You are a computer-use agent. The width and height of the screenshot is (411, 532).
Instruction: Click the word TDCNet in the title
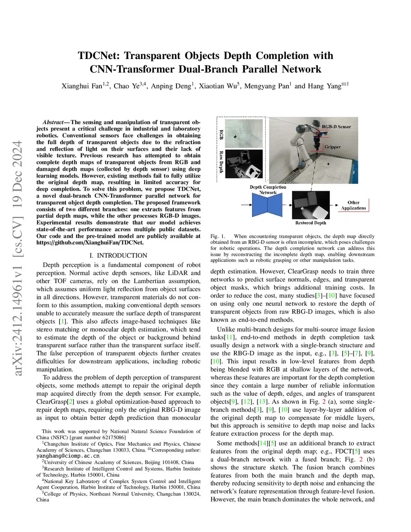pos(98,55)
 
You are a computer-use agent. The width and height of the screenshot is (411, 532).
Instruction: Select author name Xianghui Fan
pos(82,86)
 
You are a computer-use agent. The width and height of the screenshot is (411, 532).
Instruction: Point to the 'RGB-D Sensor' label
pos(336,126)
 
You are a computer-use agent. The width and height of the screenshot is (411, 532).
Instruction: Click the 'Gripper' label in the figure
pos(332,147)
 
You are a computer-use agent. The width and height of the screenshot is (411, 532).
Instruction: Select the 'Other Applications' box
pos(354,205)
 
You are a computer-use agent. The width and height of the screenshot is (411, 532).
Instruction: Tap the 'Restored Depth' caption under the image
pos(311,223)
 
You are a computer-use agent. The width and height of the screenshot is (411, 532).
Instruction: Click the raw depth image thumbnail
pos(244,163)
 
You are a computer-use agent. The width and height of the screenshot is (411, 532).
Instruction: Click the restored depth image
pos(311,205)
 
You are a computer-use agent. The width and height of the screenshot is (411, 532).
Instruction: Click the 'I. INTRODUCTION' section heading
pos(118,255)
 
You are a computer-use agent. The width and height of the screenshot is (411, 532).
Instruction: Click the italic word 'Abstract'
pos(53,122)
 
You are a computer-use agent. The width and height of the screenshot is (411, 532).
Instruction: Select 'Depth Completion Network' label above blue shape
pos(268,190)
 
